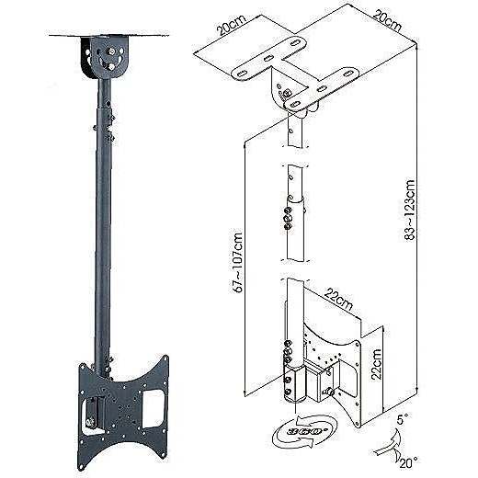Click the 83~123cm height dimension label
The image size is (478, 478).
coord(410,210)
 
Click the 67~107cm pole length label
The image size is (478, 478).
coord(238,263)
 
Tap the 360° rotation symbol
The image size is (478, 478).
coord(304,431)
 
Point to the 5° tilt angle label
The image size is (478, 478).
coord(403,419)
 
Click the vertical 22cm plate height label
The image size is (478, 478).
coord(376,364)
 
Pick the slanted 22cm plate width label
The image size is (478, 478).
coord(338,300)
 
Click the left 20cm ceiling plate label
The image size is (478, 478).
coord(232,25)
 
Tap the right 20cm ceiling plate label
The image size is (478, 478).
coord(387,19)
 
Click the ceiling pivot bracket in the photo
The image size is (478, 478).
coord(105,57)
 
